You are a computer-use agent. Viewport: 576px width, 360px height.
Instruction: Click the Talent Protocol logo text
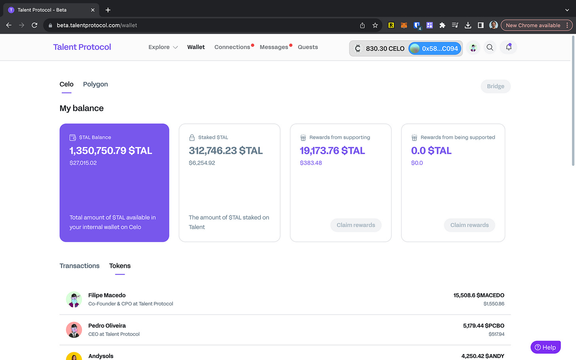point(82,47)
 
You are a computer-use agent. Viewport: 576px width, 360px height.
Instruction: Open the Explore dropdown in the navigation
point(163,47)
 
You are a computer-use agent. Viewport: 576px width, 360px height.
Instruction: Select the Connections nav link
point(232,47)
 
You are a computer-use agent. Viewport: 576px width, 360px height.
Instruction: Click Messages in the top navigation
point(274,47)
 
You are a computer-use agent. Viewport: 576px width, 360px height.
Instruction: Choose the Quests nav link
point(308,47)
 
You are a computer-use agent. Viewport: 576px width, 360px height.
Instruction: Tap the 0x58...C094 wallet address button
point(435,49)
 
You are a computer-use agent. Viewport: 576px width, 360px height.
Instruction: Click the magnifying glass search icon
point(490,47)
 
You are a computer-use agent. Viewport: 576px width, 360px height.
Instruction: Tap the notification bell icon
point(509,47)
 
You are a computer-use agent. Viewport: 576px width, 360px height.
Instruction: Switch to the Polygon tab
point(95,84)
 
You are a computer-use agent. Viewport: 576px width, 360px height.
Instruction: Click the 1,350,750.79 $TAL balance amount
point(111,151)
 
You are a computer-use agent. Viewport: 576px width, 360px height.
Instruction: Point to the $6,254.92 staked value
point(202,163)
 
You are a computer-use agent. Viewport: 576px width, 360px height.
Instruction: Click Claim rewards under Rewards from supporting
point(356,225)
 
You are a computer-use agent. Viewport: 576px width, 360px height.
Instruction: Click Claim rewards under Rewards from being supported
point(469,225)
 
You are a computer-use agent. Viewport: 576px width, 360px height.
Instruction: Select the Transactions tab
point(80,266)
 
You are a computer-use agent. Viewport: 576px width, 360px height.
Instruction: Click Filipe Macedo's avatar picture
point(74,299)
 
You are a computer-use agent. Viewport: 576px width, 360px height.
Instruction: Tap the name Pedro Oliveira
point(107,326)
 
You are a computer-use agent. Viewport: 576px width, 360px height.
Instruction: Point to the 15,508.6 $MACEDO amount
point(479,296)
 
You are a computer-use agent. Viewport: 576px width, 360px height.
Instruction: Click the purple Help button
point(545,347)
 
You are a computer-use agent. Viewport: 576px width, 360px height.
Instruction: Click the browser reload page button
point(34,25)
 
